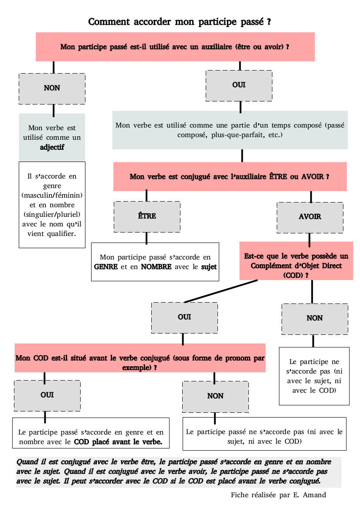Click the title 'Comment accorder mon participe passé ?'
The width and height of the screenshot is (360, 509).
coord(180,22)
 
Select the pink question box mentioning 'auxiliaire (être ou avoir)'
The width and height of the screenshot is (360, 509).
coord(175,47)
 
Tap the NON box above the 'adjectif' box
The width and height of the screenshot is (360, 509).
coord(52,88)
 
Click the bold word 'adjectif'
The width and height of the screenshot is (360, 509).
coord(52,147)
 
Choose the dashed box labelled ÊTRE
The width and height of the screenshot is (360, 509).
coord(146,216)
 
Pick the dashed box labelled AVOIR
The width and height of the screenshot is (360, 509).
coord(310,217)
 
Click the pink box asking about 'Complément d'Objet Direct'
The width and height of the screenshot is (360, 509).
coord(296,261)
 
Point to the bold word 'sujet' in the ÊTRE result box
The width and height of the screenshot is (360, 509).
coord(208,267)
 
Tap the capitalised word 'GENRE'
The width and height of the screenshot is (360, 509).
coord(106,267)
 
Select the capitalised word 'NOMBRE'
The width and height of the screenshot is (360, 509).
coord(156,267)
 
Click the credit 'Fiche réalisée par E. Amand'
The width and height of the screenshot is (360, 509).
coord(278,495)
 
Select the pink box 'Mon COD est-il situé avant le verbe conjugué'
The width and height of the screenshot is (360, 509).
coord(140,358)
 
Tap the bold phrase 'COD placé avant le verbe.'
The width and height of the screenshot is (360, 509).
coord(118,442)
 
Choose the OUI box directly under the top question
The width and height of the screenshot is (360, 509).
coord(239,85)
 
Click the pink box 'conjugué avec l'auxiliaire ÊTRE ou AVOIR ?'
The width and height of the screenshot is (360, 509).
coord(230,177)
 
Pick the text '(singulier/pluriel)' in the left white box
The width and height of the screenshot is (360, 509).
coord(52,214)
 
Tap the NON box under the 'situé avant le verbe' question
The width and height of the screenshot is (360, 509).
coord(215,396)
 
